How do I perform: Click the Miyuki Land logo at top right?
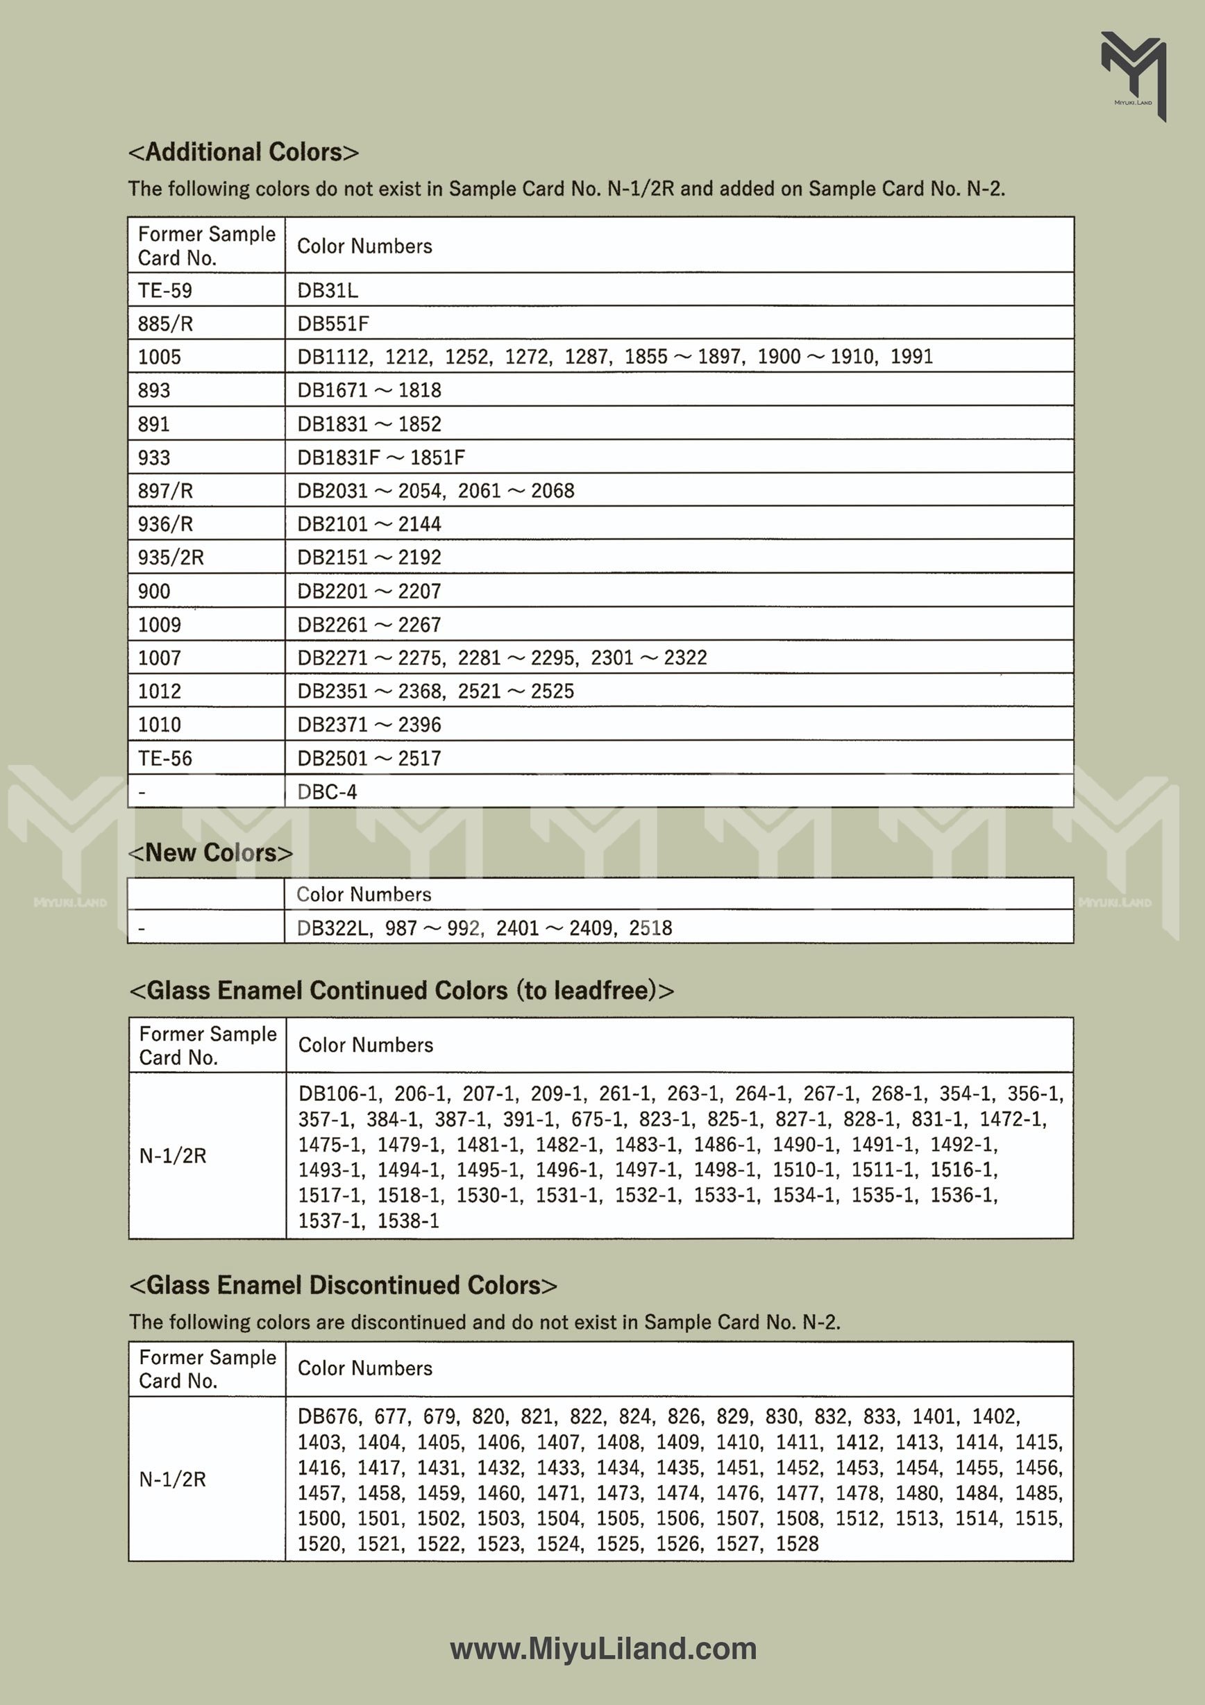pyautogui.click(x=1133, y=74)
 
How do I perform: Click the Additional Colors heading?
pyautogui.click(x=244, y=152)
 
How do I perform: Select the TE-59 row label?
pyautogui.click(x=165, y=290)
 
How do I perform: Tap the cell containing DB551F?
pyautogui.click(x=332, y=324)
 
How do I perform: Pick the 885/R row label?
pyautogui.click(x=165, y=324)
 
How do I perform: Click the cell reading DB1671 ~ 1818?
pyautogui.click(x=369, y=391)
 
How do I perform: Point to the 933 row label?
pyautogui.click(x=153, y=457)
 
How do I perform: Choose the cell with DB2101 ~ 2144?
pyautogui.click(x=369, y=524)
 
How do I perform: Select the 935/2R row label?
pyautogui.click(x=171, y=557)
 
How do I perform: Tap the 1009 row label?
pyautogui.click(x=159, y=625)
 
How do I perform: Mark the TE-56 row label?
pyautogui.click(x=165, y=758)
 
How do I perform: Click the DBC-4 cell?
pyautogui.click(x=327, y=792)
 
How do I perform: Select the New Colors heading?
pyautogui.click(x=211, y=852)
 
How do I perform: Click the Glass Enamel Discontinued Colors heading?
pyautogui.click(x=343, y=1285)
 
